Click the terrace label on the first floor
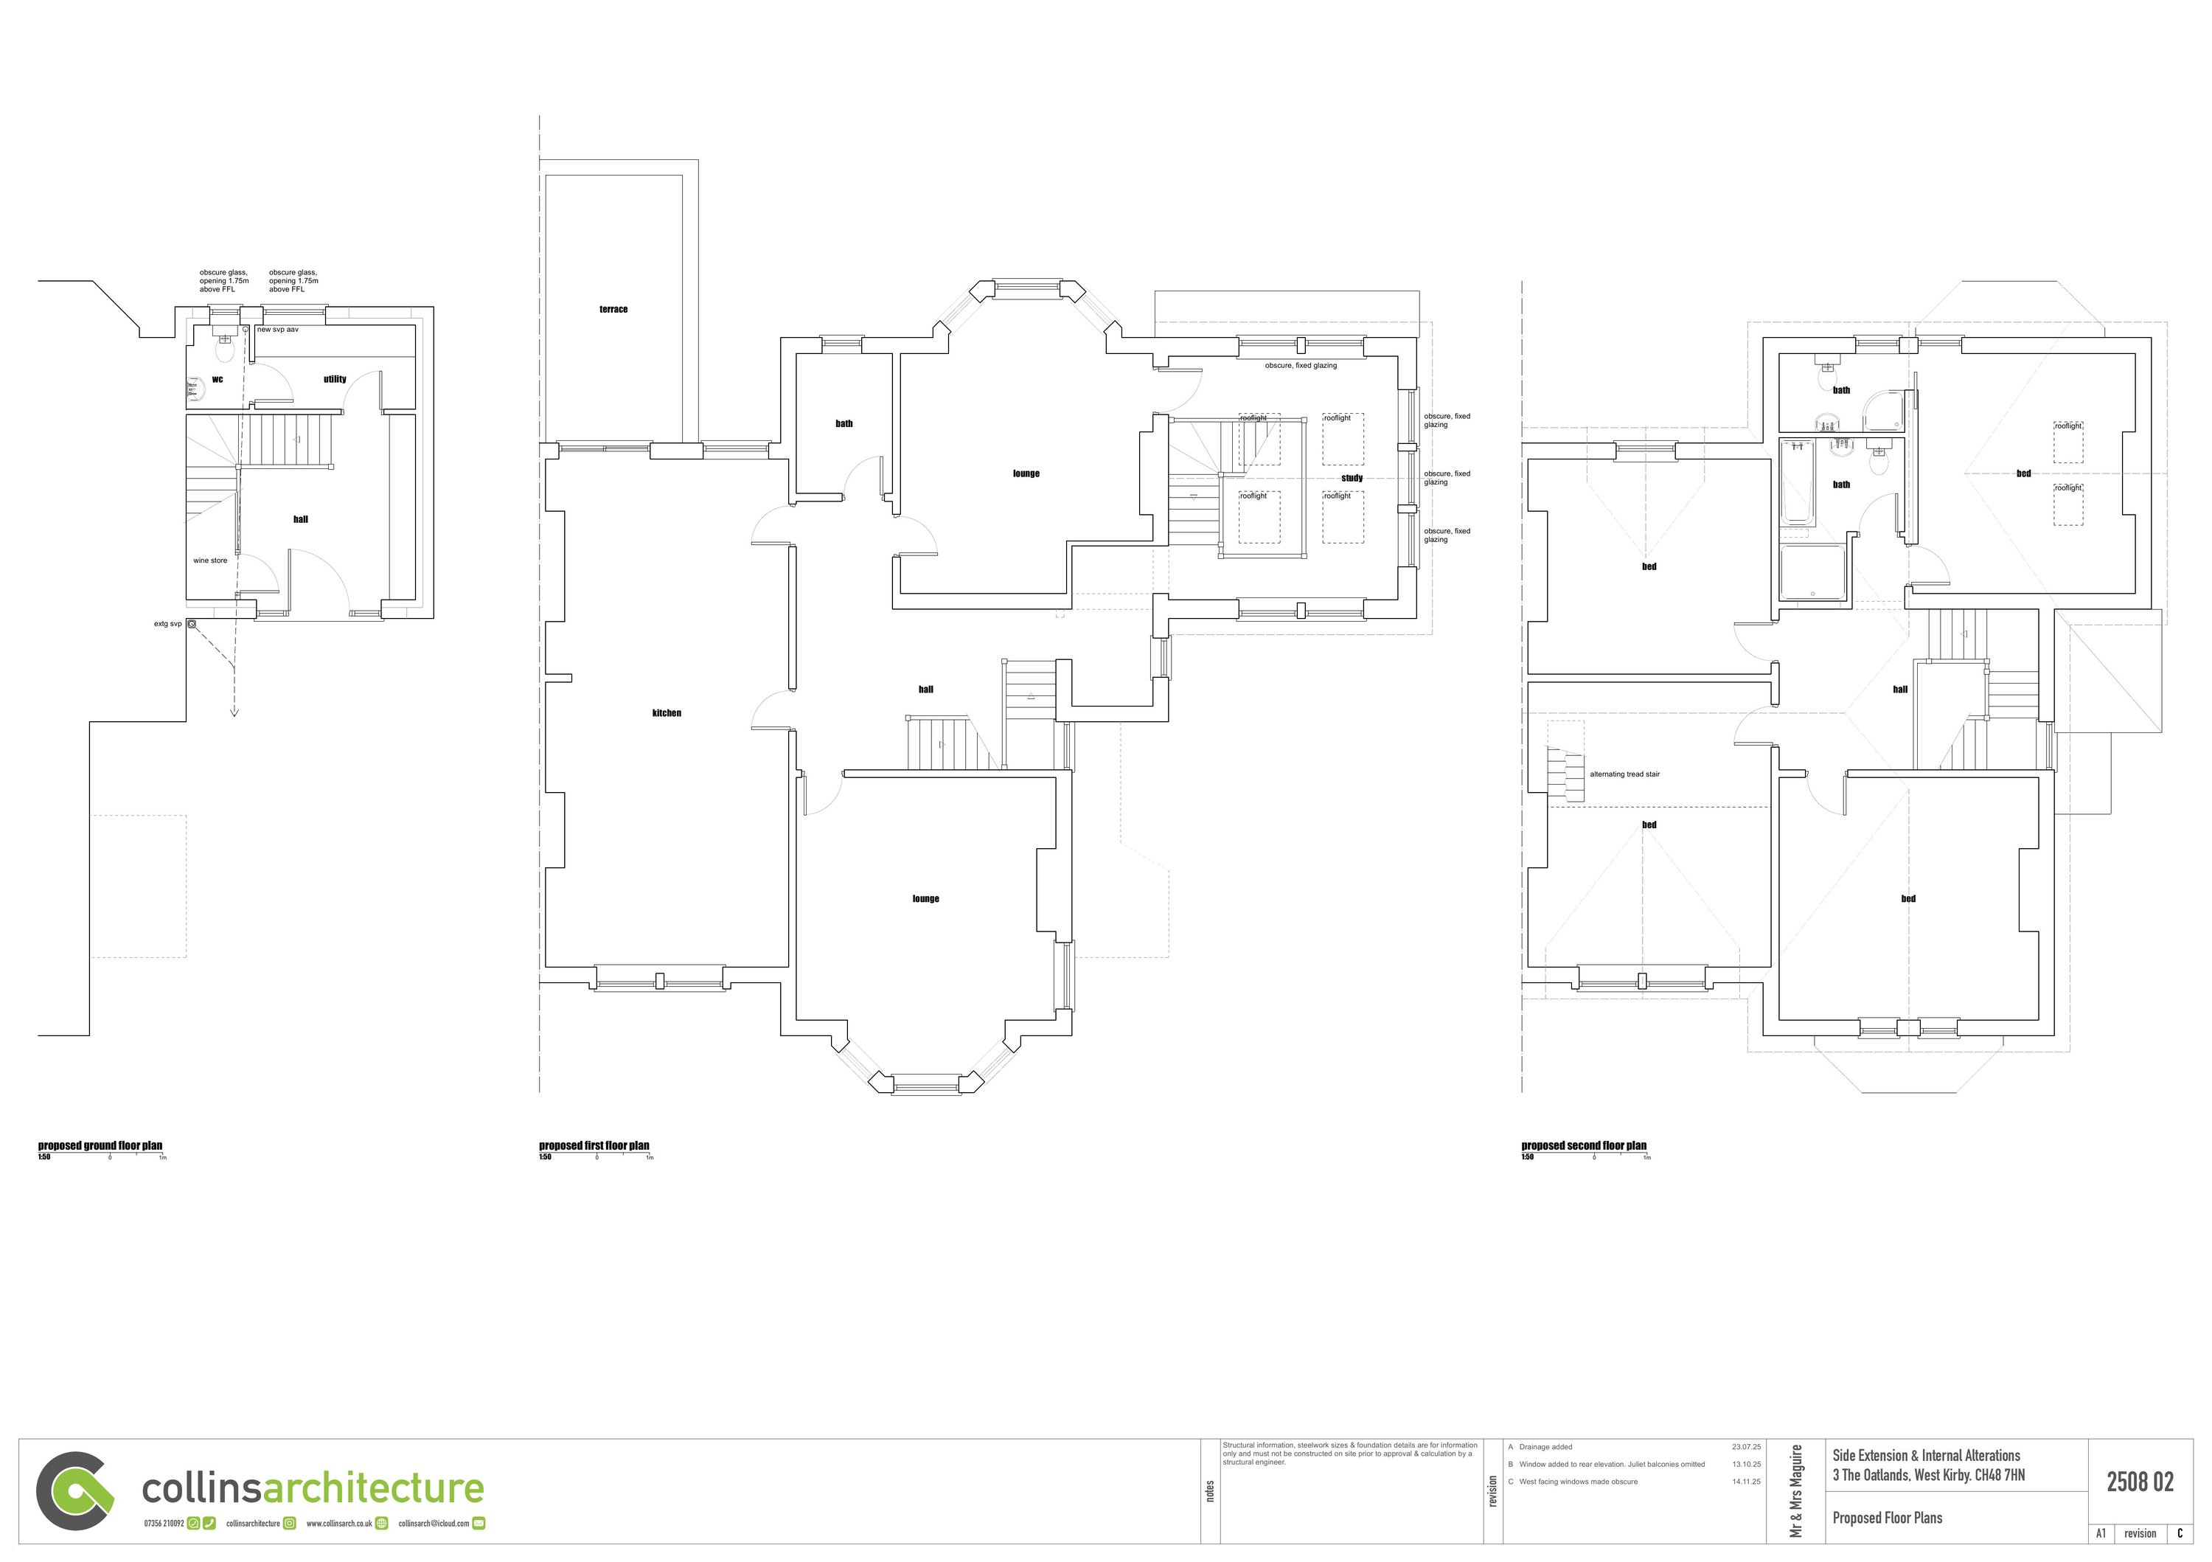pyautogui.click(x=613, y=309)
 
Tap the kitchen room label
pyautogui.click(x=666, y=713)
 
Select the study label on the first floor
pyautogui.click(x=1352, y=478)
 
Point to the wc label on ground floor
pyautogui.click(x=217, y=380)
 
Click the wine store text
pyautogui.click(x=210, y=560)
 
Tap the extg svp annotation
pyautogui.click(x=167, y=625)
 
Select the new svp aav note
pyautogui.click(x=277, y=330)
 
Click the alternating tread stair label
pyautogui.click(x=1624, y=775)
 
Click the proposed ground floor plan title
pyautogui.click(x=100, y=1146)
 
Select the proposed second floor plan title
pyautogui.click(x=1583, y=1146)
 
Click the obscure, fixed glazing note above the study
pyautogui.click(x=1301, y=367)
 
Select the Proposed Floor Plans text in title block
pyautogui.click(x=1886, y=1518)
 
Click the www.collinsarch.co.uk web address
pyautogui.click(x=339, y=1524)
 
